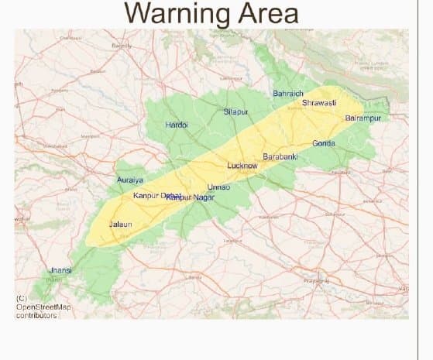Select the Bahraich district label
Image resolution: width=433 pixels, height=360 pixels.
288,94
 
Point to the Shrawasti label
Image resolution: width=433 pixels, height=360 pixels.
318,102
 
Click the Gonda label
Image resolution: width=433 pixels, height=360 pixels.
324,143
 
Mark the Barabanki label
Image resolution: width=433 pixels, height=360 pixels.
280,156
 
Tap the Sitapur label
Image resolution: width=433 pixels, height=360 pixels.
235,111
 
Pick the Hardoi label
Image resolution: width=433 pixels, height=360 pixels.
177,125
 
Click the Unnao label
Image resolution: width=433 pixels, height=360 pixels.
218,187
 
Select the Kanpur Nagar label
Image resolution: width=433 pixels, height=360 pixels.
191,198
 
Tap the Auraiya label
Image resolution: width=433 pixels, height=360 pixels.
129,180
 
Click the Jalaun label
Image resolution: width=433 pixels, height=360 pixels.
121,224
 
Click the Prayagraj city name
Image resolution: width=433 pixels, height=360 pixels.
317,279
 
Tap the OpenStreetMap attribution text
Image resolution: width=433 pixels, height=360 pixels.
43,307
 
